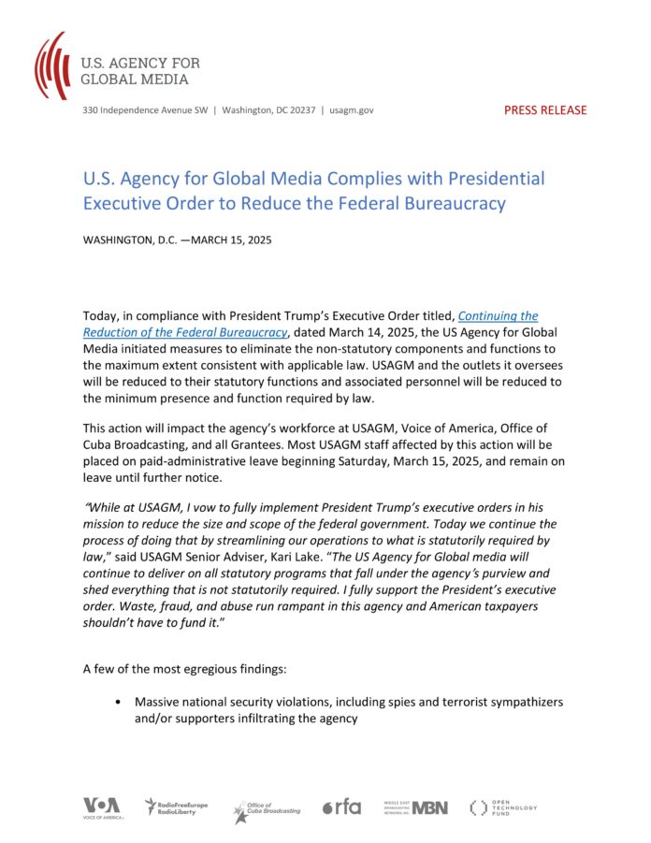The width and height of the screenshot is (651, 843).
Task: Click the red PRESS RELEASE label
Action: click(x=545, y=109)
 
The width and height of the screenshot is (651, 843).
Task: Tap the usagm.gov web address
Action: click(x=352, y=110)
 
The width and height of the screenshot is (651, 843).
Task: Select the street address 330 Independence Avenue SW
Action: click(x=144, y=110)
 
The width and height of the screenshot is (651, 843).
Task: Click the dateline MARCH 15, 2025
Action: click(x=234, y=240)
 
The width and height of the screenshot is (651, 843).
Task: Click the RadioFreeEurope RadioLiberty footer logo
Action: click(x=177, y=807)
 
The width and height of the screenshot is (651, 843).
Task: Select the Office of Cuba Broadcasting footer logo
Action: click(x=268, y=808)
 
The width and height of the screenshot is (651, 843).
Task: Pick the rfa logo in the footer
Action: click(x=341, y=807)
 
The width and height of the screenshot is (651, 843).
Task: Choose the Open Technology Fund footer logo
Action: click(x=503, y=807)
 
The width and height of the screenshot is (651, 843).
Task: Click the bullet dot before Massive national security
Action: click(x=117, y=702)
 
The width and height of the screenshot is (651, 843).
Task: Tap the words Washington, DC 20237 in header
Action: click(x=268, y=110)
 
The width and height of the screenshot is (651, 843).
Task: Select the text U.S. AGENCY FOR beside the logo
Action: click(x=139, y=63)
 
